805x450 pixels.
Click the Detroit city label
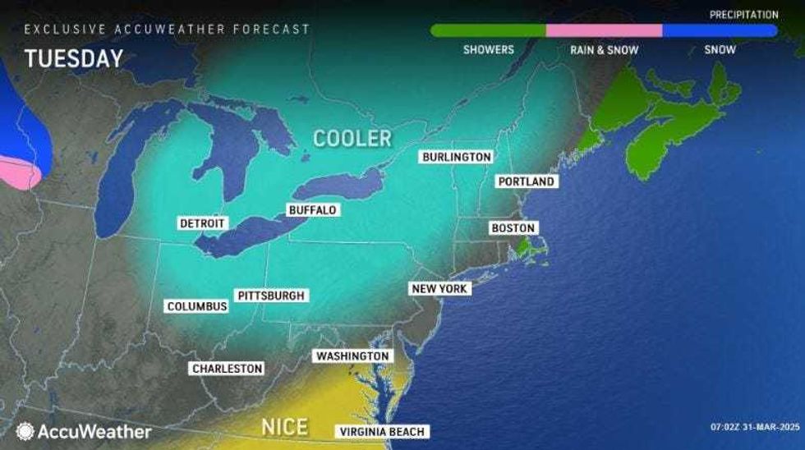[202, 223]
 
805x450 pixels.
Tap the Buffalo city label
[312, 210]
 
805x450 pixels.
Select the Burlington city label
[456, 157]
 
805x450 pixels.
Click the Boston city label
[513, 227]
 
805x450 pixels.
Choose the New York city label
[439, 289]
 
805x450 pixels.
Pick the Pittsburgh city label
[270, 296]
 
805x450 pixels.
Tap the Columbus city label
[196, 306]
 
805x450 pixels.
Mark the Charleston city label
[227, 369]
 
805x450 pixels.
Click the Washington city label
[352, 356]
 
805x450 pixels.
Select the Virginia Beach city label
[382, 432]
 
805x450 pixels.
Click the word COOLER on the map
[352, 137]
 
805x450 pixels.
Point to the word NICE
[284, 427]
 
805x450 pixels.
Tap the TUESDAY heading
[74, 59]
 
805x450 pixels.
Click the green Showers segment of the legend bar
[488, 30]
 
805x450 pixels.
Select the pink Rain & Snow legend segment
[604, 30]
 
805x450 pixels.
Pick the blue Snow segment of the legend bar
[720, 30]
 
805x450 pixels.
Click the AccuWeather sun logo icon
[25, 431]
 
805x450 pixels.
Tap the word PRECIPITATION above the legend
[744, 15]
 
